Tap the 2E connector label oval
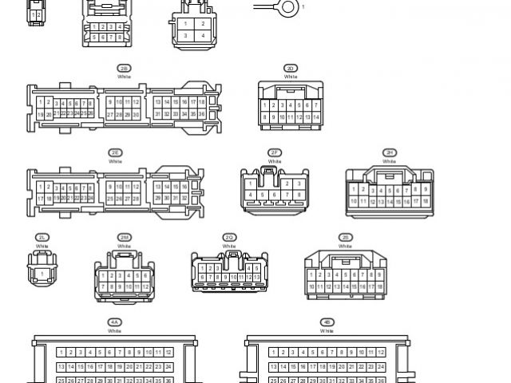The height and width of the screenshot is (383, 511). point(116,152)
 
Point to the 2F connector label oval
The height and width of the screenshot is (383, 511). point(275,152)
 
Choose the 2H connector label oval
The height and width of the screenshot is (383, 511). point(390,152)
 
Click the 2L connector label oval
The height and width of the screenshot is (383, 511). point(42,237)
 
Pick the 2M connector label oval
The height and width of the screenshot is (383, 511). point(124,237)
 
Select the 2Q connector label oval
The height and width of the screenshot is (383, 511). point(229,237)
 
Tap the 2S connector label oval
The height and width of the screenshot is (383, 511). point(345,237)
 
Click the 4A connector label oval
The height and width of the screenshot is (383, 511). point(115,322)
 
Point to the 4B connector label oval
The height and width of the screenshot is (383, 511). point(327,322)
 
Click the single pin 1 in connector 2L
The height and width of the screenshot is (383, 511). point(42,274)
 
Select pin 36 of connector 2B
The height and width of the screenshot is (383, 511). point(202,114)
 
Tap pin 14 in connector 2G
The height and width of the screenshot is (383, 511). point(317,117)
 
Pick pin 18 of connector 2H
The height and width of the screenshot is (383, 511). point(426,202)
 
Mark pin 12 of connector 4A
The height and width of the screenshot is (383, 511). point(168,352)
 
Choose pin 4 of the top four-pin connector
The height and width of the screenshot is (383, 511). point(203,36)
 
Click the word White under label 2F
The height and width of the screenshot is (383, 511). point(275,161)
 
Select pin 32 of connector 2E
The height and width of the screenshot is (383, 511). point(184,198)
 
